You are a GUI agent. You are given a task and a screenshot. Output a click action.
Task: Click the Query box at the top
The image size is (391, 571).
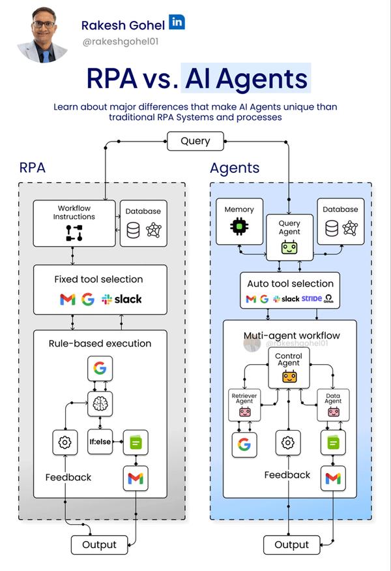(195, 141)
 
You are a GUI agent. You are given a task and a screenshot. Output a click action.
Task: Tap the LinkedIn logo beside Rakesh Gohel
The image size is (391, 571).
(177, 22)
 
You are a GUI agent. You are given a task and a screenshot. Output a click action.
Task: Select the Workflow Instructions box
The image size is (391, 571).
(75, 223)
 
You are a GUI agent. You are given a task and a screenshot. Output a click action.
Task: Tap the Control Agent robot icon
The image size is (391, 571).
(289, 377)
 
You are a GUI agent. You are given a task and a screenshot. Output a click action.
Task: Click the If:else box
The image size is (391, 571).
(100, 442)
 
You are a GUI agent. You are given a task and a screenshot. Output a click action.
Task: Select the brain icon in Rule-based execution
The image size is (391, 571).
(100, 404)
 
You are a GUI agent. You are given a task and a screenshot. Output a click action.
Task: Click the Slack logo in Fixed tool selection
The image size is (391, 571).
(122, 300)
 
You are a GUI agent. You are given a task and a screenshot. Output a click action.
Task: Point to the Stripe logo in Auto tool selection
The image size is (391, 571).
(311, 299)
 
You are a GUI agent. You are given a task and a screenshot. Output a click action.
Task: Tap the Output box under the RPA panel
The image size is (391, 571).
(99, 544)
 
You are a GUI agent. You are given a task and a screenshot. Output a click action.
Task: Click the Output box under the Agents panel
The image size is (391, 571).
(291, 544)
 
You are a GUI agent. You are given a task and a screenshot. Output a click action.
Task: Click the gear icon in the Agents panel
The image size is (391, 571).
(287, 442)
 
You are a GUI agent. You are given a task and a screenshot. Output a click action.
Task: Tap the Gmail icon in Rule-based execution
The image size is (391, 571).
(136, 478)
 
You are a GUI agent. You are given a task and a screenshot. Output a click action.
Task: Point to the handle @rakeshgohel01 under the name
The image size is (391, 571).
(121, 42)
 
